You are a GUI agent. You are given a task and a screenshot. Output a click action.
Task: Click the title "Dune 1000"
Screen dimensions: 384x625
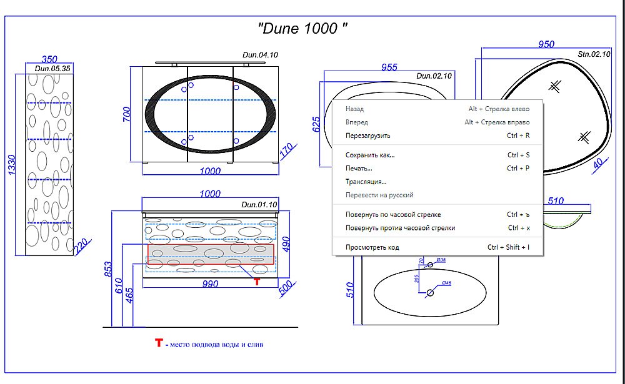[303, 28]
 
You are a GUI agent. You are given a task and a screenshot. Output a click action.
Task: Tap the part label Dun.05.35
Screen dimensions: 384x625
[52, 69]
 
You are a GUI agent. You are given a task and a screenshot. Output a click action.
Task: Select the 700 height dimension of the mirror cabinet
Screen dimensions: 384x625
[127, 114]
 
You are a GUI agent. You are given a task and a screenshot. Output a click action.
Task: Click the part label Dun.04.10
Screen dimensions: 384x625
[259, 56]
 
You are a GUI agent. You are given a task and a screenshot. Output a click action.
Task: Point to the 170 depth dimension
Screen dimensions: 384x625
[286, 150]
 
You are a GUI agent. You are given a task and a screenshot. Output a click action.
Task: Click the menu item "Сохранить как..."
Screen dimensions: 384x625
[370, 155]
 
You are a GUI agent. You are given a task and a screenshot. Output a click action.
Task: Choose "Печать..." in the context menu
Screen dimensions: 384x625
[359, 169]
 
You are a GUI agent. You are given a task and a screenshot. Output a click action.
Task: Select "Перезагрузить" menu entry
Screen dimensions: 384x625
[367, 135]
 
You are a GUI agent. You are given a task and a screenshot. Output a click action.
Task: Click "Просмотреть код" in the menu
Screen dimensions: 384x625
[372, 247]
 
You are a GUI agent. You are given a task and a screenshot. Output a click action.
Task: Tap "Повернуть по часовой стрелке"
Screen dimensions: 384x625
[392, 215]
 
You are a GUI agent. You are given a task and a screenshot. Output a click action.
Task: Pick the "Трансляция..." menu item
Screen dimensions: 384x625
[366, 182]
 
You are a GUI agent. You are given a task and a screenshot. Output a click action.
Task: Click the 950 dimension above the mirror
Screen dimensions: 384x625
[546, 45]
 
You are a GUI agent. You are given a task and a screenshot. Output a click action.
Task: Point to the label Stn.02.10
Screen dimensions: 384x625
[594, 54]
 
